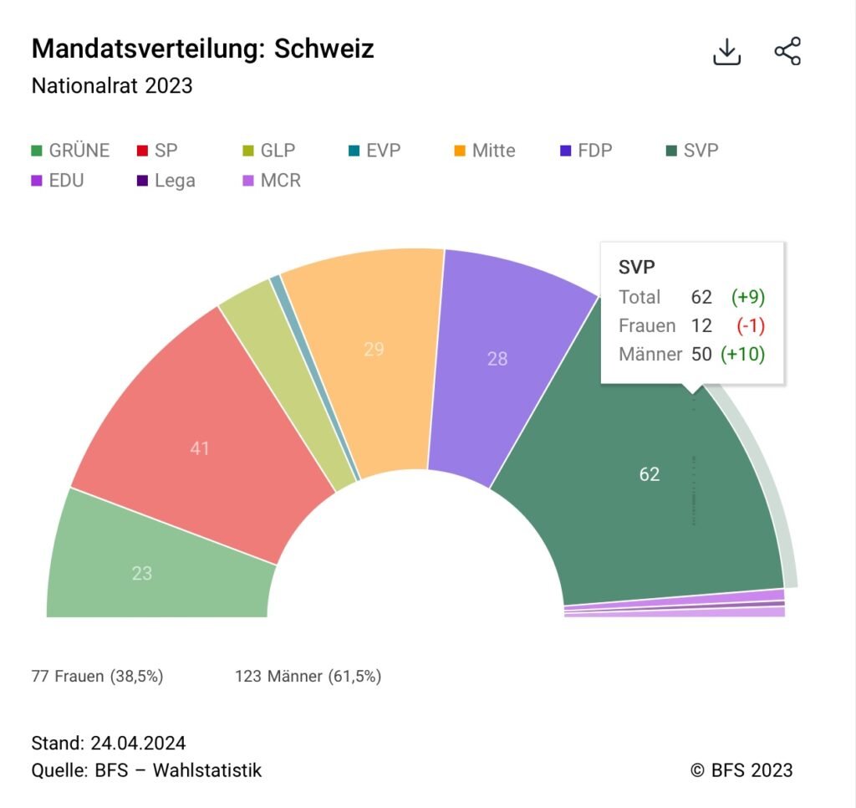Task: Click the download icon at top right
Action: [x=727, y=52]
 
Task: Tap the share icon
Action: [x=787, y=52]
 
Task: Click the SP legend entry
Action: [x=157, y=151]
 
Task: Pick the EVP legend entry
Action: [x=374, y=151]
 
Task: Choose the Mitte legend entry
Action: [x=485, y=151]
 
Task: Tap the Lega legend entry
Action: [x=166, y=181]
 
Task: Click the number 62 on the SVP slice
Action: [x=650, y=474]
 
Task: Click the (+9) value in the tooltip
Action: [x=748, y=297]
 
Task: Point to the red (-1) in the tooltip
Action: [x=752, y=325]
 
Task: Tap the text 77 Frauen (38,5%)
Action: [x=97, y=676]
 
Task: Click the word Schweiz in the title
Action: [x=324, y=49]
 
